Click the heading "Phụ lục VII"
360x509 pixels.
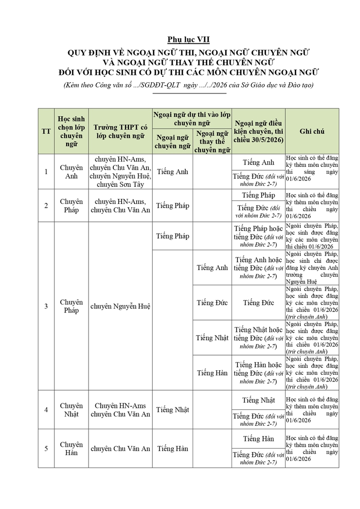pos(189,39)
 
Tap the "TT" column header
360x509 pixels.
pos(46,131)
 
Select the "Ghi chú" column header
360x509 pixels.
pos(312,131)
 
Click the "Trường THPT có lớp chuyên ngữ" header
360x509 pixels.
pos(120,131)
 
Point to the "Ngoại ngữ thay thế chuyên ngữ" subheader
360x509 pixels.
pos(212,141)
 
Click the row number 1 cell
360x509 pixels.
pos(46,171)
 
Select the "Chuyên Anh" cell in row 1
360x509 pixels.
pos(72,171)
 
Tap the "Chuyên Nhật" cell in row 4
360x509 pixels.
pos(72,409)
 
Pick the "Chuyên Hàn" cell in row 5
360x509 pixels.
pos(72,449)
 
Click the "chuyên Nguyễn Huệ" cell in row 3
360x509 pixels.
pos(120,306)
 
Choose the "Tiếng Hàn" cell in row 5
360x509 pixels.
pos(173,449)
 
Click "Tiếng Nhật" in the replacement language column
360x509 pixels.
pos(212,337)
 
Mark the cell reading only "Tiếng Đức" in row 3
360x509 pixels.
pos(258,303)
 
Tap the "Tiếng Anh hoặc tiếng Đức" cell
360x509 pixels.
pos(258,268)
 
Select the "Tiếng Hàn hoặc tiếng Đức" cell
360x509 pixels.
pos(258,373)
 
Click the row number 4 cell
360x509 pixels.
pos(46,409)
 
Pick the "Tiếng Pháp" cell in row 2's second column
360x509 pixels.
pos(173,205)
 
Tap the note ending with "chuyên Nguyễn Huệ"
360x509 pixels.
pos(312,268)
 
